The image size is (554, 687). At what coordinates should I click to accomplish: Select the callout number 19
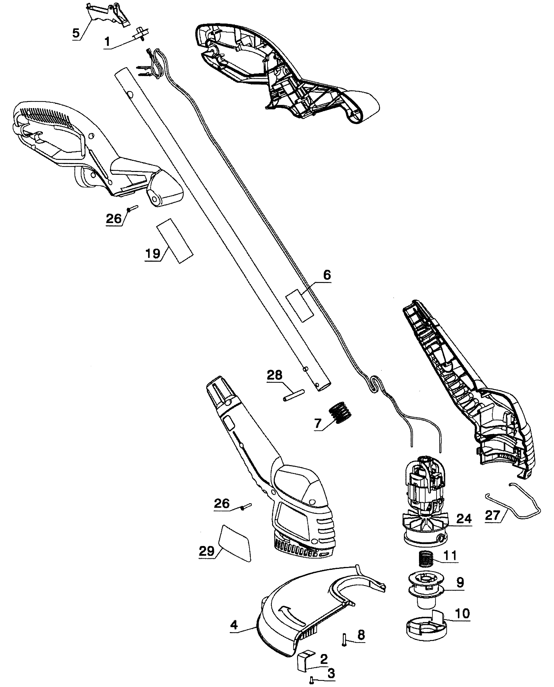tap(152, 254)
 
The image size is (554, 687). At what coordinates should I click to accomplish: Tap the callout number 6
tap(327, 275)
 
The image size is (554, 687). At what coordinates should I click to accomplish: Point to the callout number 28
tap(274, 375)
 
